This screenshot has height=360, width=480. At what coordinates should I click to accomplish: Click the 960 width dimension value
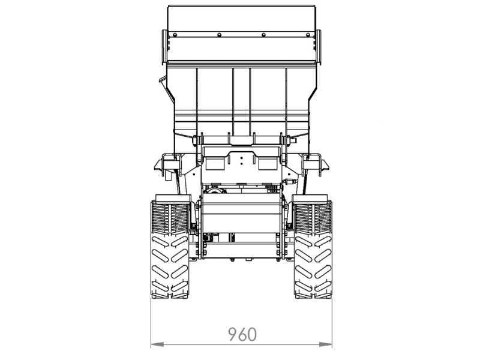(x=242, y=334)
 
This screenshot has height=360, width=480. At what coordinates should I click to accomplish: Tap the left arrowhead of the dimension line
(x=157, y=344)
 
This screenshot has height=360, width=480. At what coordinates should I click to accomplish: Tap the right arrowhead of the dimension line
(x=326, y=344)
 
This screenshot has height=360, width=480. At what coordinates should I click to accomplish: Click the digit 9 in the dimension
(x=233, y=334)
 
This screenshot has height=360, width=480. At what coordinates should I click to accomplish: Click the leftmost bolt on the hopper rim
(x=175, y=35)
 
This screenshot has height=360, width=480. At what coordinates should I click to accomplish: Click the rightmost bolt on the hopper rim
(x=308, y=35)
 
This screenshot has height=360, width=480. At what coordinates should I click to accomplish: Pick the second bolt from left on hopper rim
(x=219, y=35)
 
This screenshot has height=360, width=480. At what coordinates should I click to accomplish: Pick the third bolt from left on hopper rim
(x=263, y=35)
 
